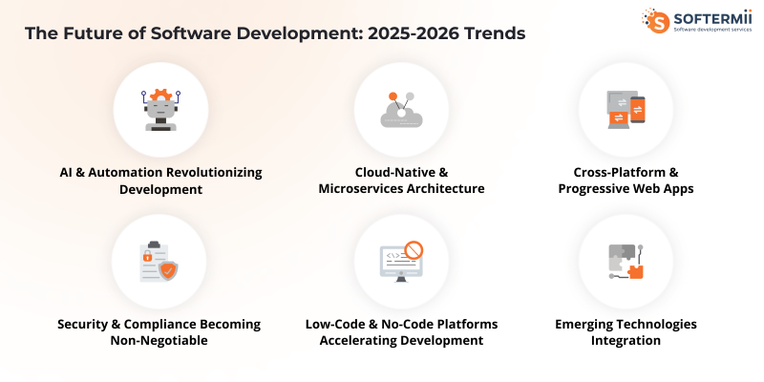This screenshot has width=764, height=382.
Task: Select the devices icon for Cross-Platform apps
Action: click(626, 108)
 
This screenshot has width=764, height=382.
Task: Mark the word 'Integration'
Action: click(626, 340)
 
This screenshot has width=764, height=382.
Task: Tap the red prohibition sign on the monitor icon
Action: click(414, 251)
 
